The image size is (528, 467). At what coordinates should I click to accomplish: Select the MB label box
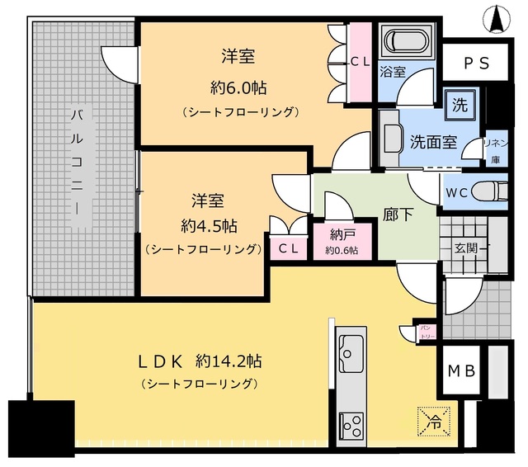(x=462, y=370)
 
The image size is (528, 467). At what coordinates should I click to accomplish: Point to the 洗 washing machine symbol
(x=457, y=105)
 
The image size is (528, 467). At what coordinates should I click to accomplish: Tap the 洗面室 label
(x=433, y=141)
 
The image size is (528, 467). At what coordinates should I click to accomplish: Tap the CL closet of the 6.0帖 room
(x=360, y=60)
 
